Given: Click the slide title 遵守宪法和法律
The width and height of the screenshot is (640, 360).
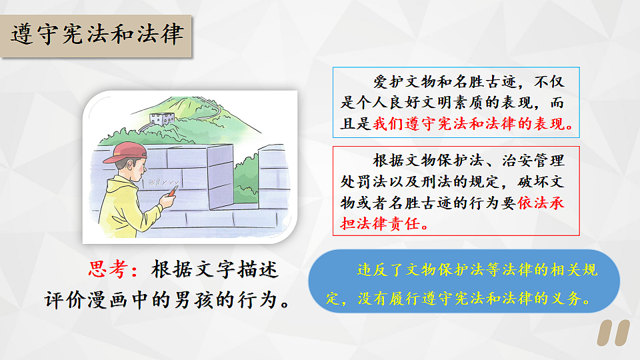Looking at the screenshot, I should coord(97,34).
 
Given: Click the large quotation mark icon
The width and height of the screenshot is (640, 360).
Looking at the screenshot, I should coord(613,334).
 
